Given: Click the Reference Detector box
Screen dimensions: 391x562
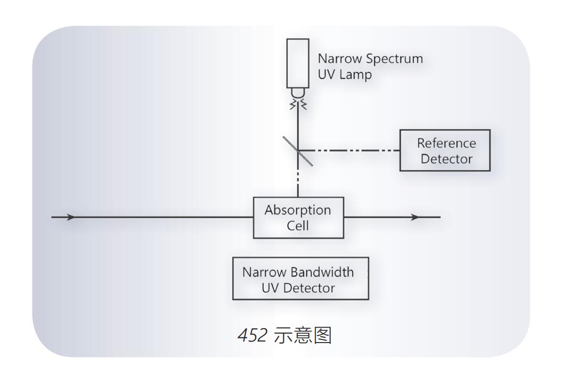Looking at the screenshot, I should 445,151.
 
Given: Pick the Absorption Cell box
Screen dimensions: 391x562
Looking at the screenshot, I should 298,218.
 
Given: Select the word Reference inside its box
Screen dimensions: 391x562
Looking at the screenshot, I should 446,143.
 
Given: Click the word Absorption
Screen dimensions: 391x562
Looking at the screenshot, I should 298,210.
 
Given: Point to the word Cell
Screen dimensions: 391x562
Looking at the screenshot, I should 298,226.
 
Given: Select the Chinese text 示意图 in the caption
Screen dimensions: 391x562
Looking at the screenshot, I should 302,336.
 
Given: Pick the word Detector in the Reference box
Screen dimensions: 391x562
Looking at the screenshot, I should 446,159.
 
